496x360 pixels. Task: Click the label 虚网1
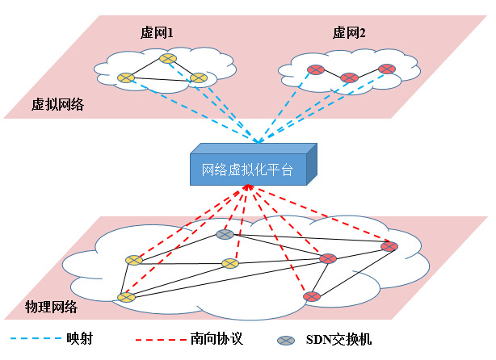pyautogui.click(x=158, y=32)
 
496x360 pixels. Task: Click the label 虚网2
pyautogui.click(x=349, y=32)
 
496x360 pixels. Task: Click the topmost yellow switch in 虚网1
pyautogui.click(x=167, y=58)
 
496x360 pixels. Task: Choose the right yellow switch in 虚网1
pyautogui.click(x=199, y=78)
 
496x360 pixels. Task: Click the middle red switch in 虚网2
pyautogui.click(x=349, y=77)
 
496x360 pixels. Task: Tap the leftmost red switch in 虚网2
pyautogui.click(x=315, y=69)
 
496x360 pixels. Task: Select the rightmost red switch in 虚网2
pyautogui.click(x=387, y=69)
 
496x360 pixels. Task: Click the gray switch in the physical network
pyautogui.click(x=225, y=234)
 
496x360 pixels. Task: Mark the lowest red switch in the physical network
pyautogui.click(x=312, y=296)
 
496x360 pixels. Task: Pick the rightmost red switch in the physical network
pyautogui.click(x=389, y=246)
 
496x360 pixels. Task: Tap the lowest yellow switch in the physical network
pyautogui.click(x=125, y=297)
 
